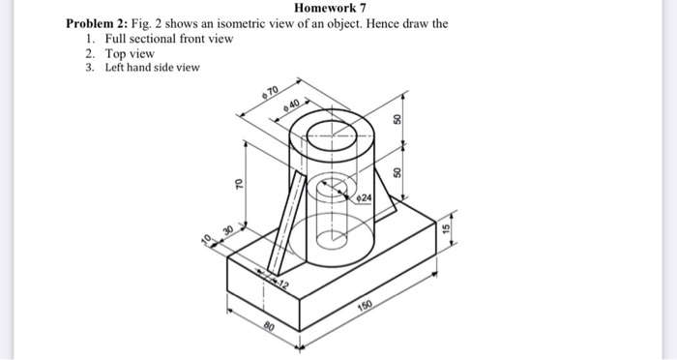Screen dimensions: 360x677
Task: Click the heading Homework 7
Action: pyautogui.click(x=338, y=9)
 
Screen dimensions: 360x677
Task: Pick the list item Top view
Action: pyautogui.click(x=130, y=53)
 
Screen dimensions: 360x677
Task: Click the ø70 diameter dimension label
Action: pyautogui.click(x=270, y=93)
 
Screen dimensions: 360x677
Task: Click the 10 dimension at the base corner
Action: pyautogui.click(x=206, y=239)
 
